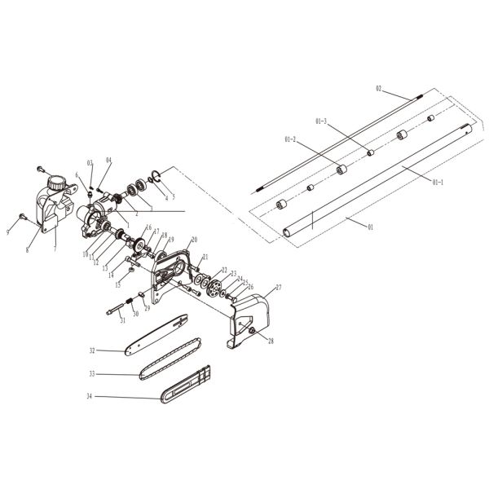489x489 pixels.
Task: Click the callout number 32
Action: [x=92, y=350]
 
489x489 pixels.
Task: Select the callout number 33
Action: [x=92, y=374]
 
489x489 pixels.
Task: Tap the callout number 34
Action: [x=90, y=397]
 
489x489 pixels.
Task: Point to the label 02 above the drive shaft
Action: [x=378, y=87]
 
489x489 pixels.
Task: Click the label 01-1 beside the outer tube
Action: [x=438, y=183]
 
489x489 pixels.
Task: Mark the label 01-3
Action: [x=322, y=121]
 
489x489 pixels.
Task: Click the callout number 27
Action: [x=278, y=288]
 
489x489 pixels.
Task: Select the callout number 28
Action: [x=271, y=341]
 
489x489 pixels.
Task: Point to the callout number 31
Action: [x=122, y=321]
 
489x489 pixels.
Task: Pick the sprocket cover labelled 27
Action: [x=249, y=322]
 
